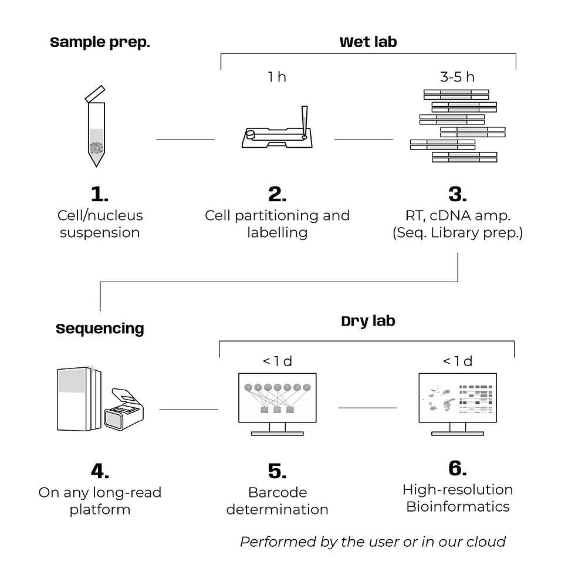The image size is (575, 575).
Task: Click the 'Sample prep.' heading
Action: pos(100,42)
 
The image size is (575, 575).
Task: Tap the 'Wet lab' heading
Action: pos(368,42)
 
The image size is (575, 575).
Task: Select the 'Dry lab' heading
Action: pos(368,322)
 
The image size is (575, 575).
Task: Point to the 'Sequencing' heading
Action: pos(100,329)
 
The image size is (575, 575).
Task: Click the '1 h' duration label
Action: pos(277,77)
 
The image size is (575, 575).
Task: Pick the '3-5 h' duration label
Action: pos(457,77)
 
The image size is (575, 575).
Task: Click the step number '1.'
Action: pos(100,194)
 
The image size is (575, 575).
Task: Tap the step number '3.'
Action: pos(458,194)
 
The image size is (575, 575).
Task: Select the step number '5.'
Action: pos(277,471)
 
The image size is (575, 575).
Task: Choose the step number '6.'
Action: pos(458,468)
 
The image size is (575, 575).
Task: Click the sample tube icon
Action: pos(96,127)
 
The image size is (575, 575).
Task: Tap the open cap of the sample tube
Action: pos(95,94)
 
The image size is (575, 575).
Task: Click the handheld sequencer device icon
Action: pos(124,410)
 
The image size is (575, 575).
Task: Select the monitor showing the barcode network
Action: pos(277,404)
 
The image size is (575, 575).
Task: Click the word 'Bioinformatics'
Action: pos(458,507)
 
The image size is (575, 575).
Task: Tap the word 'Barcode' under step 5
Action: pos(278,492)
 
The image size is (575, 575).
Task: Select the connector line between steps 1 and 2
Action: pos(185,140)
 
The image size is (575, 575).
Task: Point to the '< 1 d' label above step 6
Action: pos(458,361)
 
